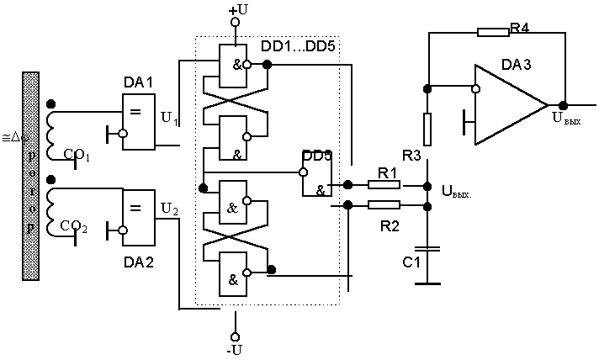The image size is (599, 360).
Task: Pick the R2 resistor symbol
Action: pos(384,204)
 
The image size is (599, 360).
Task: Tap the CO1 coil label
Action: pos(78,155)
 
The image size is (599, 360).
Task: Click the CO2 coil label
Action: pos(78,227)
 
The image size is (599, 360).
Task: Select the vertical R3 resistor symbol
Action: pos(427,128)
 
